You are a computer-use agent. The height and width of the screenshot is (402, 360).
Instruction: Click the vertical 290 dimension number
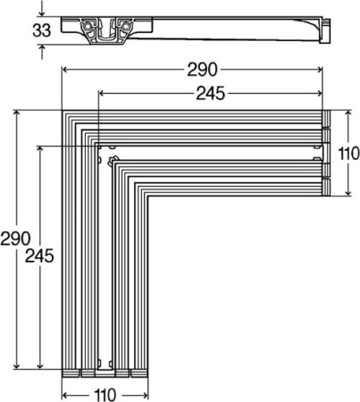pos(17,239)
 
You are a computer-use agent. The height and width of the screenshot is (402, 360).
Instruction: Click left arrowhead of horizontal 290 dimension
pos(65,71)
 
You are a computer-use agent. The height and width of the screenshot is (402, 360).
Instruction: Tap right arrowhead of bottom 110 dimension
pos(145,392)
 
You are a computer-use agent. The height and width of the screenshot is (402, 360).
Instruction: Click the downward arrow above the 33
pos(41,13)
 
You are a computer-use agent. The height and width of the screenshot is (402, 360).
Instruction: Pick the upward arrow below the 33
pos(41,51)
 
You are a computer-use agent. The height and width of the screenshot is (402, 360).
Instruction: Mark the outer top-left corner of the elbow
pos(63,113)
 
